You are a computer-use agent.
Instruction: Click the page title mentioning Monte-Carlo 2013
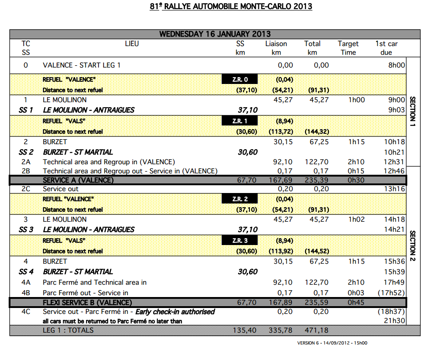pyautogui.click(x=231, y=6)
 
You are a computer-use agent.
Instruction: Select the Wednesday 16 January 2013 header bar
pyautogui.click(x=215, y=34)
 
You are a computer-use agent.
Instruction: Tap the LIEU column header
pyautogui.click(x=132, y=44)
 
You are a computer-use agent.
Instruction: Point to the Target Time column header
pyautogui.click(x=348, y=48)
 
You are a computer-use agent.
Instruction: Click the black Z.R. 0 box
pyautogui.click(x=239, y=79)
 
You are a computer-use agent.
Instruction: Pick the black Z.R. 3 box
pyautogui.click(x=239, y=240)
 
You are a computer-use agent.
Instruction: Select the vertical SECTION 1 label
pyautogui.click(x=413, y=111)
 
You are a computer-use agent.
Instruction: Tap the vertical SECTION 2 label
pyautogui.click(x=413, y=246)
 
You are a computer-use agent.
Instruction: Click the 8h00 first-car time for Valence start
pyautogui.click(x=396, y=65)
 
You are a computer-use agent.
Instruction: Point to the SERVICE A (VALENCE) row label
pyautogui.click(x=78, y=180)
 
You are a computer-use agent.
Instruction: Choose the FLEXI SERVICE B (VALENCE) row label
pyautogui.click(x=87, y=303)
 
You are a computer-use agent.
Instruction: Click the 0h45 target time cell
pyautogui.click(x=356, y=303)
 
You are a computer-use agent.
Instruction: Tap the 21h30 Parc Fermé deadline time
pyautogui.click(x=395, y=321)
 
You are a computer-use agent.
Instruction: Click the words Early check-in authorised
pyautogui.click(x=174, y=312)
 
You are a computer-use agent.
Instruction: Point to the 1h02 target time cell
pyautogui.click(x=356, y=219)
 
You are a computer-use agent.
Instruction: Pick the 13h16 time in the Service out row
pyautogui.click(x=395, y=189)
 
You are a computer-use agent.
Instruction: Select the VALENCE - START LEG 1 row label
pyautogui.click(x=82, y=65)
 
